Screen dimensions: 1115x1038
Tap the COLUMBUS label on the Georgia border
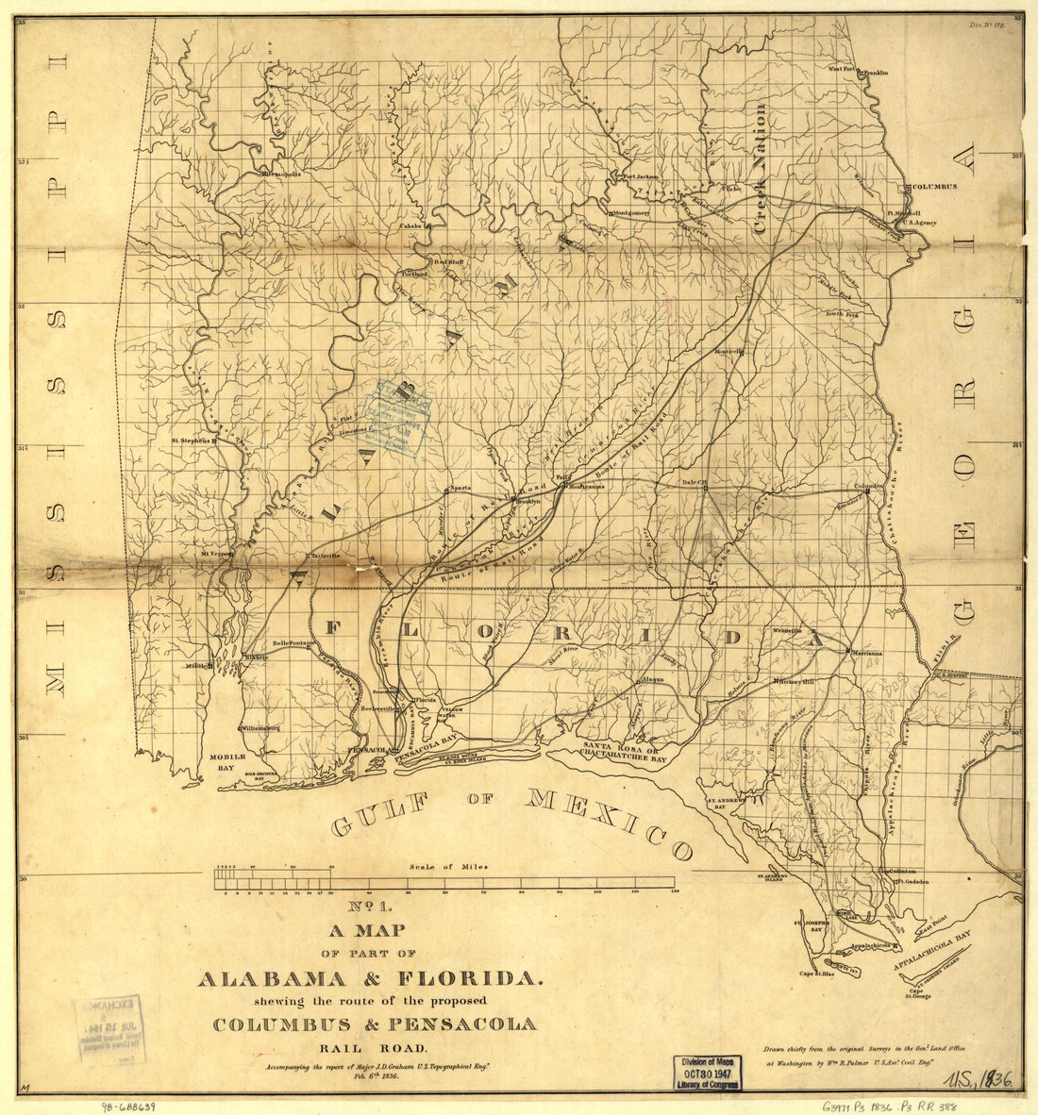[933, 187]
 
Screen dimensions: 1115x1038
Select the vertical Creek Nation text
[761, 170]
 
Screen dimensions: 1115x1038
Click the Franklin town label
[877, 71]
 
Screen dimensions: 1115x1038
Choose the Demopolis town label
[279, 175]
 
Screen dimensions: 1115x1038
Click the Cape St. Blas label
[819, 973]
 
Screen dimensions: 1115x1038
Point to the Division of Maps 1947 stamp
[707, 1073]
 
